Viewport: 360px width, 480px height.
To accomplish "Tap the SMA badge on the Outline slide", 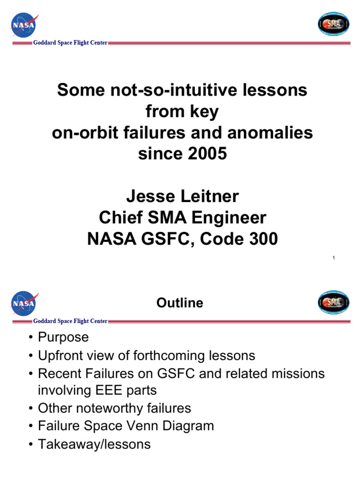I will click(x=333, y=302).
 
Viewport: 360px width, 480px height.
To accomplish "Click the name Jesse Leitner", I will click(x=182, y=196).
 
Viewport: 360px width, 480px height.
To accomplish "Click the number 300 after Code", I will click(x=261, y=240).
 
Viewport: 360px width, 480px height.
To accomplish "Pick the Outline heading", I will click(x=180, y=303).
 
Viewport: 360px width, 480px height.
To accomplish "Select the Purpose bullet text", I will click(x=63, y=337).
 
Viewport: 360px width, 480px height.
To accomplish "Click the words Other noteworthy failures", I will click(x=114, y=408).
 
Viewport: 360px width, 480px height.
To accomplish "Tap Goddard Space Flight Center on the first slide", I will click(x=70, y=43).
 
